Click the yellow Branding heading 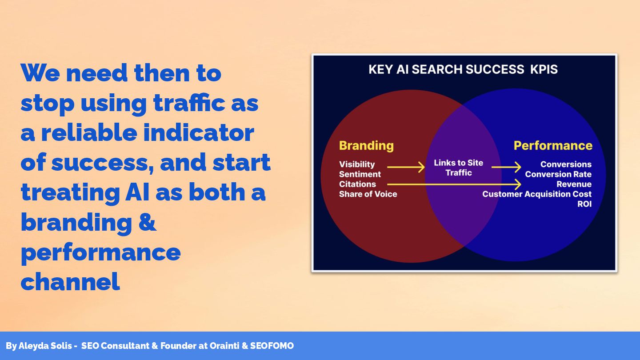[366, 146]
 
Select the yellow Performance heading [553, 146]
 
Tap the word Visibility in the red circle [357, 164]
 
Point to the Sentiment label [360, 174]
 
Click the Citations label [357, 184]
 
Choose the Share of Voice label [368, 194]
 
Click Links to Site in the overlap [458, 163]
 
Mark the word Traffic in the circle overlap [459, 173]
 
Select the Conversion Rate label [558, 174]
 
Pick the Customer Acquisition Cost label [537, 194]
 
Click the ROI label [584, 204]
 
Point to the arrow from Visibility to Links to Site [406, 167]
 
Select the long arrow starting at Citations [454, 184]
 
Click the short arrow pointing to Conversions [506, 167]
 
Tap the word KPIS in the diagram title [544, 69]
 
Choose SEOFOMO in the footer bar [272, 346]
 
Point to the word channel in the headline [70, 281]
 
